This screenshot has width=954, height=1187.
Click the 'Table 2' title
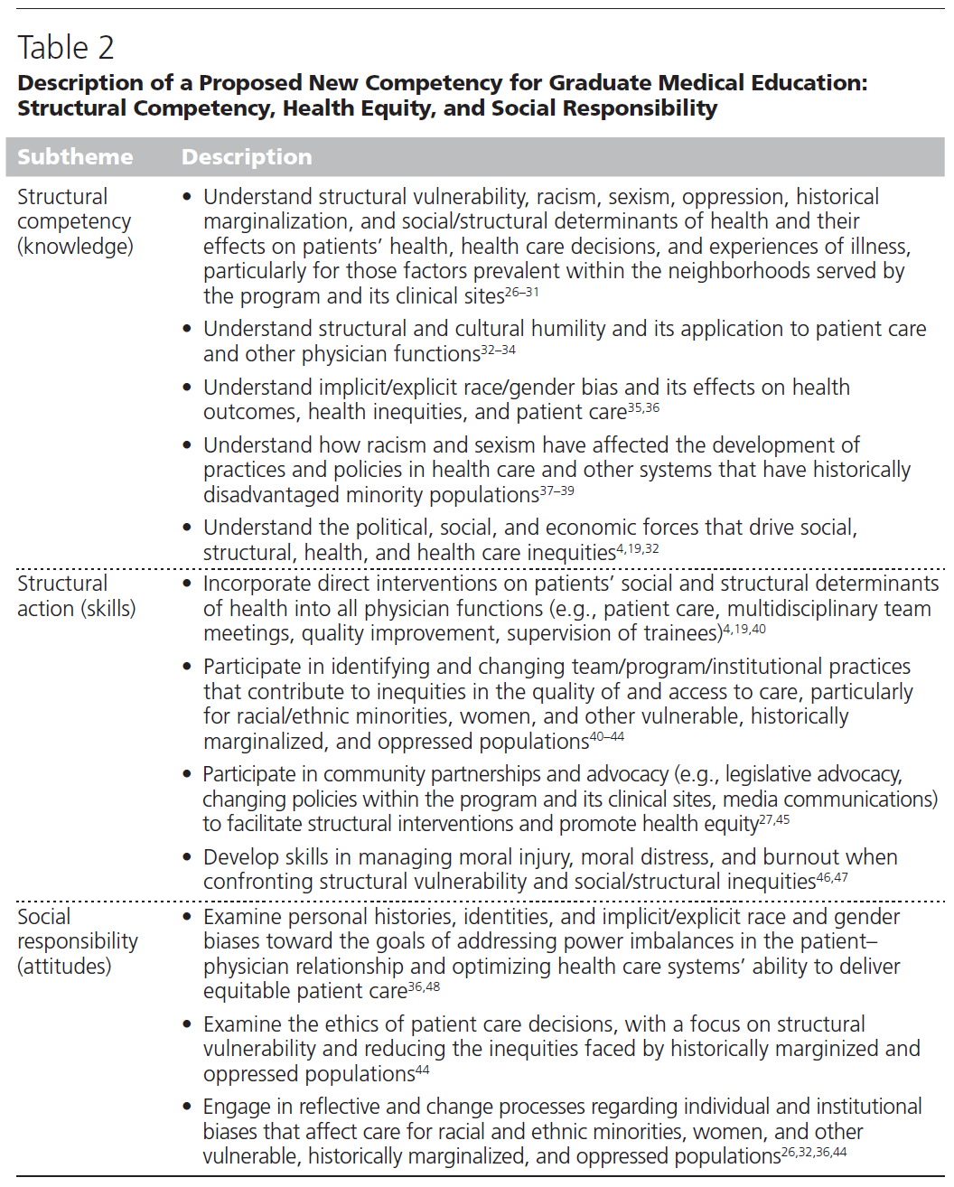coord(66,47)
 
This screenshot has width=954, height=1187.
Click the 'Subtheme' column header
coord(75,157)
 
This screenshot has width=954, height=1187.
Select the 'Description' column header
coord(247,157)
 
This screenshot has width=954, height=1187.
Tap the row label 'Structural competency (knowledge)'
coord(75,221)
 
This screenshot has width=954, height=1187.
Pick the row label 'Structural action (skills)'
coord(76,596)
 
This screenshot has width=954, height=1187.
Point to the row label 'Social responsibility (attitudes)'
coord(78,941)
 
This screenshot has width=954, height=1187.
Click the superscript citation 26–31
coord(522,292)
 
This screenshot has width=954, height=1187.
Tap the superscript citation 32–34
coord(499,350)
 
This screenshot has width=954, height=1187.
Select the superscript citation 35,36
coord(644,407)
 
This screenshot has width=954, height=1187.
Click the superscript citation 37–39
coord(557,491)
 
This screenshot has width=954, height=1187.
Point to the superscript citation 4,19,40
coord(744,629)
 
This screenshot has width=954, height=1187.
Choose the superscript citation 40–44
coord(607,737)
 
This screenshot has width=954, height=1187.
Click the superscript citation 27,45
coord(775,819)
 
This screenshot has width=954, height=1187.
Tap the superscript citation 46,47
coord(833,877)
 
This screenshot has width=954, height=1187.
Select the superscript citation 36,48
coord(425,986)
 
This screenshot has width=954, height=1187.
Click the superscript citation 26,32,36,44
coord(815,1152)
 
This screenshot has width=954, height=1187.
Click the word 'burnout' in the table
coord(811,857)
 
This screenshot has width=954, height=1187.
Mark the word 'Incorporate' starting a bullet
coord(254,584)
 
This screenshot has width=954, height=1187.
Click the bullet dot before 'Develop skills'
coord(187,857)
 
